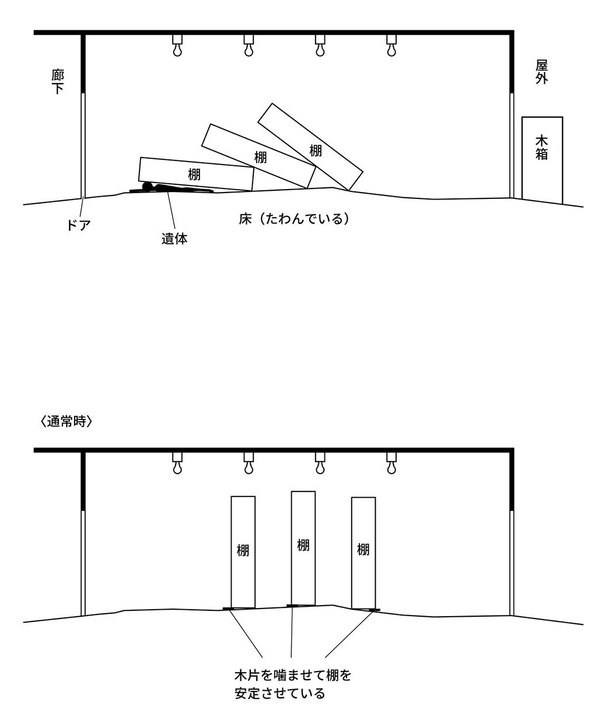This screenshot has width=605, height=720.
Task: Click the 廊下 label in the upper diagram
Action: click(58, 82)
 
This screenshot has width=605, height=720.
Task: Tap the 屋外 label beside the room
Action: click(542, 72)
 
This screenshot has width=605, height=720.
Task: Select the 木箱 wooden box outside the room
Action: click(542, 159)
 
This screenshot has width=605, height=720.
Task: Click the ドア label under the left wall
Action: click(78, 225)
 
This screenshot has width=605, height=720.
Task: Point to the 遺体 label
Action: click(174, 239)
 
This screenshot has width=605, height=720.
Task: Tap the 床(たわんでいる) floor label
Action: click(293, 219)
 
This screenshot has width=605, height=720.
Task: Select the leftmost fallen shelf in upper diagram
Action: click(196, 173)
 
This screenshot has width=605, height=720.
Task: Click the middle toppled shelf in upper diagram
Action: click(259, 156)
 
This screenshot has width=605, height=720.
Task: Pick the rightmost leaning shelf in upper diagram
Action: click(310, 147)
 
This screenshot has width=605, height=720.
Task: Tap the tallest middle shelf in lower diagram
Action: click(303, 547)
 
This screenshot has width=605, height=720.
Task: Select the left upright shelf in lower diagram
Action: click(243, 551)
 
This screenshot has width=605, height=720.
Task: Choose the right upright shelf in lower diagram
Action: click(363, 551)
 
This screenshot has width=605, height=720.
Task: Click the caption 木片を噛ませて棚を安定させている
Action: click(293, 684)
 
